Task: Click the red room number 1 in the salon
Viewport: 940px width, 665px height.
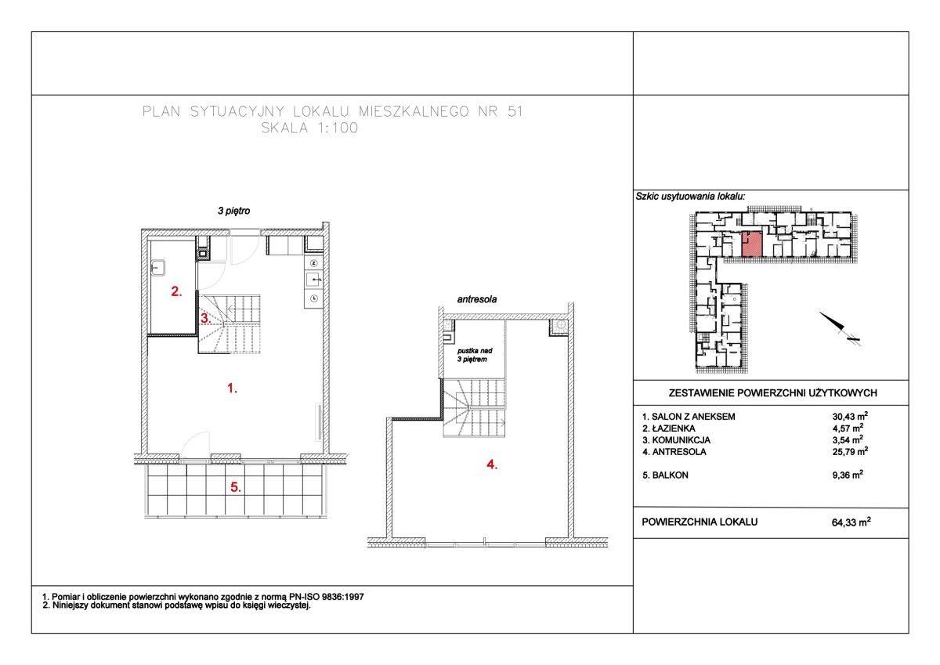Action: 232,389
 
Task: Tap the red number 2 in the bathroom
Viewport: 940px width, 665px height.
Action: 177,291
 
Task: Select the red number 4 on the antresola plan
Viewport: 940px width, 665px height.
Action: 492,464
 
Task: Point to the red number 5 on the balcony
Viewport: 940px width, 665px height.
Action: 236,487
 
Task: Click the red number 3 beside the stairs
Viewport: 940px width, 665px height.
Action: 205,319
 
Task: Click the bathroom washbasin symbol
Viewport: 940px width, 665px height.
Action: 158,268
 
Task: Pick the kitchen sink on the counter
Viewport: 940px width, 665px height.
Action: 314,279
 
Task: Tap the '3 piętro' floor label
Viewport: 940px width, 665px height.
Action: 233,211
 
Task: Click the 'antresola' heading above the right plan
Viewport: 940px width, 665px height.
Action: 477,299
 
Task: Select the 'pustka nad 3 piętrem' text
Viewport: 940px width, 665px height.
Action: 474,355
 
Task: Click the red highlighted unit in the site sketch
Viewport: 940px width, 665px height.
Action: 751,244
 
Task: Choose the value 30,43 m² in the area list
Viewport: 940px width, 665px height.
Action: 850,416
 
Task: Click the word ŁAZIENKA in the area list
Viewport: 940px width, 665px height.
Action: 674,428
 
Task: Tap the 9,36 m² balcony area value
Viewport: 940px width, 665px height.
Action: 848,475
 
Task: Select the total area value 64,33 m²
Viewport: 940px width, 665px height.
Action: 851,522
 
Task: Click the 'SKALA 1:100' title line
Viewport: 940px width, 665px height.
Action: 309,128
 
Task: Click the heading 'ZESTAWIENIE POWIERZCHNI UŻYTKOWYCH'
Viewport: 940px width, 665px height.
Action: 772,393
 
